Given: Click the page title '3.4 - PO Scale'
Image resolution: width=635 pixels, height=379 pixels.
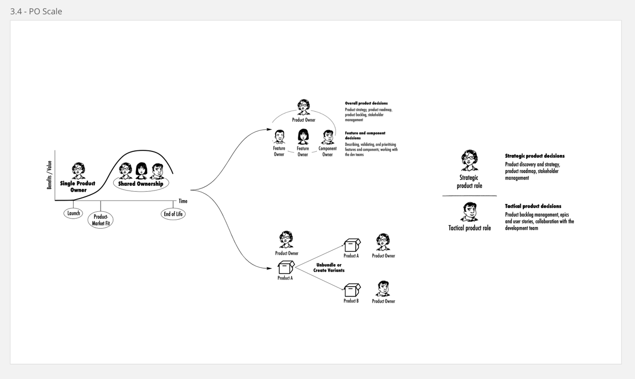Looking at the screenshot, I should tap(36, 11).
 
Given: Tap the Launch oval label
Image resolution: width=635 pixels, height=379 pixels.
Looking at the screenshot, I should tap(74, 213).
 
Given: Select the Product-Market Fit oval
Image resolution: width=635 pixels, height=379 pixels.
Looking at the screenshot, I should tap(101, 220).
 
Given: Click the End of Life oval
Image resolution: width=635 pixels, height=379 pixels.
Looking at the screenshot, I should tap(173, 214).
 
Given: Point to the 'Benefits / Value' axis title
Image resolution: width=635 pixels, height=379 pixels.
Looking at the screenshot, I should tap(50, 175).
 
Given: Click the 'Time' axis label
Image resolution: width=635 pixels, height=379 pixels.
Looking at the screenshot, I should tap(183, 201).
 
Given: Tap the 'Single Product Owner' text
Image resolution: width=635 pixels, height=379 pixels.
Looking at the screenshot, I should tap(78, 186).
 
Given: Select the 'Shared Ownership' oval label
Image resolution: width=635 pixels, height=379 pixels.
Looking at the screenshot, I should tap(141, 184).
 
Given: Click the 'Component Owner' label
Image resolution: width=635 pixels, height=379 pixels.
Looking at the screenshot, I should tap(328, 151).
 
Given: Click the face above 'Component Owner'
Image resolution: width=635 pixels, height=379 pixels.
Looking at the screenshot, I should tap(328, 137).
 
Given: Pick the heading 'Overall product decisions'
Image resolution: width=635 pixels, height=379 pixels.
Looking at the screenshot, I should tap(366, 103).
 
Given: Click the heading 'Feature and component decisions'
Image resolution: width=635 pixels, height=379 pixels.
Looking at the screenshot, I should tap(365, 136).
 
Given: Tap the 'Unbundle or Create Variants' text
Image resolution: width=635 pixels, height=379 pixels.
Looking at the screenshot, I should tap(329, 267).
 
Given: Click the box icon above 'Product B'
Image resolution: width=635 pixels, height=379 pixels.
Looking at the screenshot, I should tap(352, 290).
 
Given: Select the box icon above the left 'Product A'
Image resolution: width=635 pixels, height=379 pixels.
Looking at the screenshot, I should tap(286, 267).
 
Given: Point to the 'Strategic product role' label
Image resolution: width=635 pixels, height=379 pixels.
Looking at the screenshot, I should tap(469, 182).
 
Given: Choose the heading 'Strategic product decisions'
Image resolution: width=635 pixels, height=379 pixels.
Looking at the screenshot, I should tap(534, 156).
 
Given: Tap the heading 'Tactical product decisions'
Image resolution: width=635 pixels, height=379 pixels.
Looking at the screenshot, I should tap(533, 206).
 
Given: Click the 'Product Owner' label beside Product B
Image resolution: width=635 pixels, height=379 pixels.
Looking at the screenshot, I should tap(383, 301).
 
